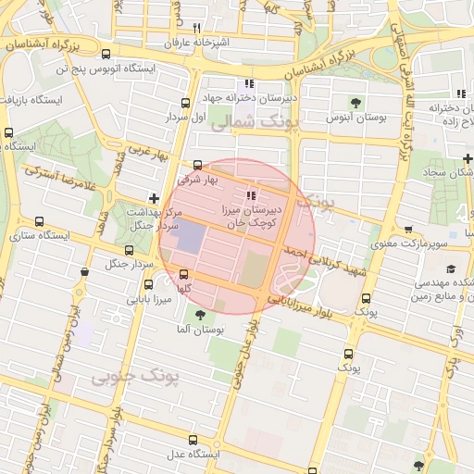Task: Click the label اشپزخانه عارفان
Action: (195, 43)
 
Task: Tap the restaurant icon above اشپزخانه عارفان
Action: (196, 28)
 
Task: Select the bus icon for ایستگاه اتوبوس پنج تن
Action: (106, 54)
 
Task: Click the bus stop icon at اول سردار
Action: (185, 103)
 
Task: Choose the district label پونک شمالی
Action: (243, 121)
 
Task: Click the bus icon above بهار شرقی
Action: (197, 164)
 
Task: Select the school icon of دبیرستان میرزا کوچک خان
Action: (251, 195)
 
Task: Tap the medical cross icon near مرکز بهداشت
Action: (154, 198)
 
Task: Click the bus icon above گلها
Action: (184, 274)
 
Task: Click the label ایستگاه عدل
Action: (191, 455)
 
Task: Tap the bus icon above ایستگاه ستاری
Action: (39, 221)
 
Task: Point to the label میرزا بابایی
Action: (150, 298)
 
